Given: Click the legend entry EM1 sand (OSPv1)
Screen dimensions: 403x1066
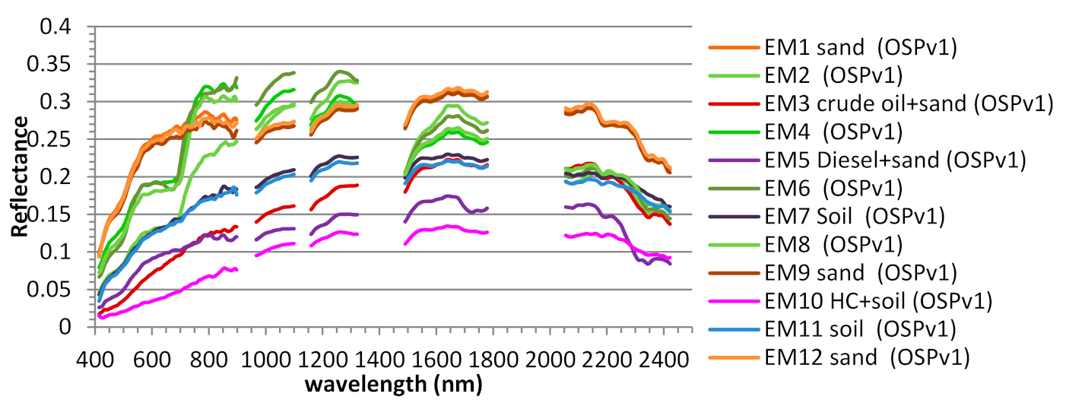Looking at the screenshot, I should [x=860, y=48].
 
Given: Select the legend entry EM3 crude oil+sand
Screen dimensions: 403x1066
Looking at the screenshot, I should [x=909, y=104].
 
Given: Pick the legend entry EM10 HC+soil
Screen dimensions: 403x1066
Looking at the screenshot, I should [x=879, y=301].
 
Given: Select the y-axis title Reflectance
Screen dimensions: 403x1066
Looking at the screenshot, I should [x=21, y=176].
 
